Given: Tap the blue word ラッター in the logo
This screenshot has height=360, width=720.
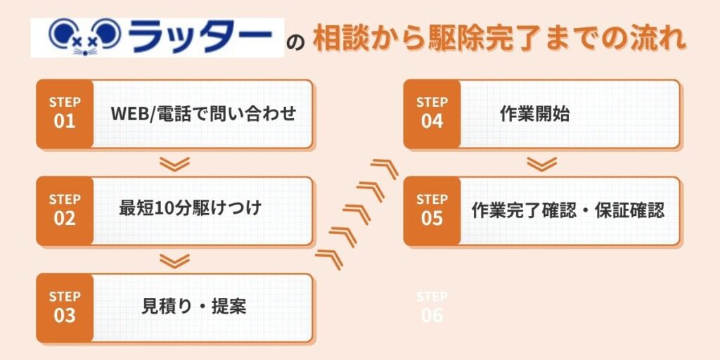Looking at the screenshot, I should coord(201,37).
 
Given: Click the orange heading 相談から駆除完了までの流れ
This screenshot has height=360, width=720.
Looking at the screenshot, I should coord(499,39).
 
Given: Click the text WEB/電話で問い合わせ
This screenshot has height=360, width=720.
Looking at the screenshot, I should coord(203,114).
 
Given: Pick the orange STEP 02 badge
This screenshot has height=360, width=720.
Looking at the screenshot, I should coord(65,210).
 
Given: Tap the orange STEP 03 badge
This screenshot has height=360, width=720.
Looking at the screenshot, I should coord(65,307).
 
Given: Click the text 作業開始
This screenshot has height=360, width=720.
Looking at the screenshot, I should coord(534,114).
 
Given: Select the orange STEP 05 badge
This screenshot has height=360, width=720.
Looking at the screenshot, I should coord(432,210).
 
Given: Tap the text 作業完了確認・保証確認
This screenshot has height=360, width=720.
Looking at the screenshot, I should coord(568,210).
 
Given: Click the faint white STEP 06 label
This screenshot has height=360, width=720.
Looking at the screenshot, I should coord(432,307).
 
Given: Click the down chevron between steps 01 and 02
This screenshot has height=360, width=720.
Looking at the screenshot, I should coord(174,164).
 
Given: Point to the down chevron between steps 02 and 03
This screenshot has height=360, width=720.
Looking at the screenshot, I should coord(174,261).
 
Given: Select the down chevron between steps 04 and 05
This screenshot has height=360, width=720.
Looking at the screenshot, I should coord(541,164).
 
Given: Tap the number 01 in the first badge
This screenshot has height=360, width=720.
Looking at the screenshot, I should coord(65,121).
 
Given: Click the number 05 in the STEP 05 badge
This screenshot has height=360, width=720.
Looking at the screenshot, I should coord(432,218).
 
